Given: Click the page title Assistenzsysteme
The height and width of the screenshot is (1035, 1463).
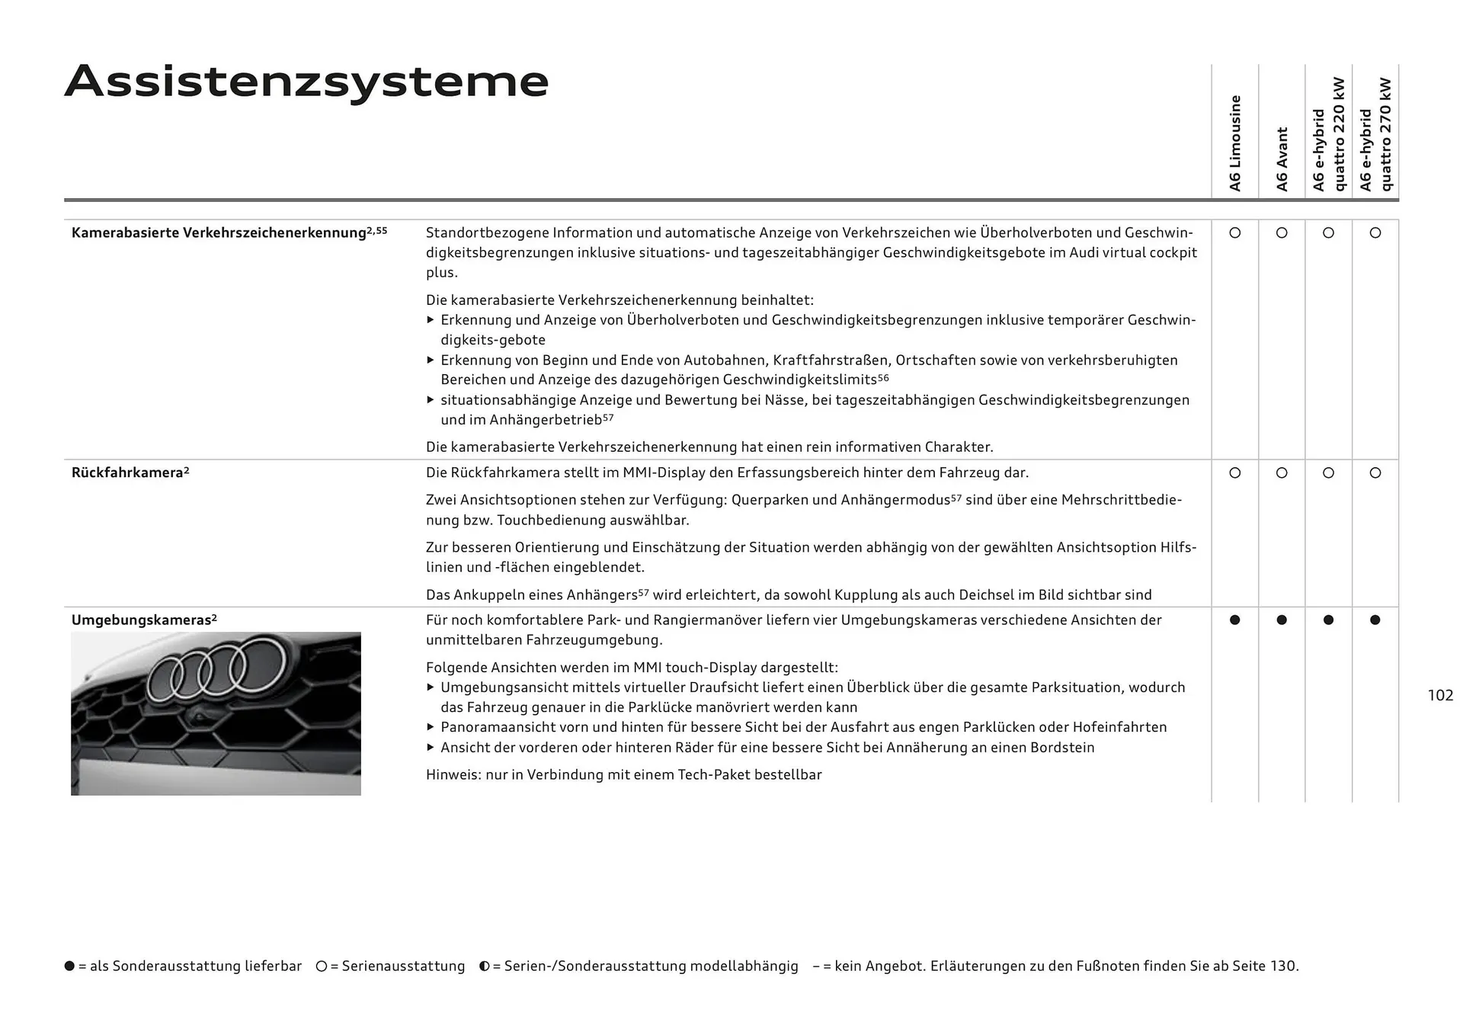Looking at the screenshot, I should point(306,82).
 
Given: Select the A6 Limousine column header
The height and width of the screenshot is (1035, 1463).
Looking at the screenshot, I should point(1235,143).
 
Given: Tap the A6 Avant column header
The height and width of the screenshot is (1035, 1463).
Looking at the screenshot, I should point(1282,159).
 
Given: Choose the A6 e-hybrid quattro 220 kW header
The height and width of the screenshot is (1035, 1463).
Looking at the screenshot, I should point(1328,135).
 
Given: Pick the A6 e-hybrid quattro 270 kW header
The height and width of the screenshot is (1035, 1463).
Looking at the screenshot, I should point(1375,135).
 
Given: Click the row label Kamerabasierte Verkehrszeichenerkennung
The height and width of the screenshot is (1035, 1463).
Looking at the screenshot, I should point(219,232).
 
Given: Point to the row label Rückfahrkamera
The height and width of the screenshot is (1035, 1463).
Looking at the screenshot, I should point(127,473).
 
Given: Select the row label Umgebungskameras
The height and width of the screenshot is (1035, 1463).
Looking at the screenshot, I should point(141,620).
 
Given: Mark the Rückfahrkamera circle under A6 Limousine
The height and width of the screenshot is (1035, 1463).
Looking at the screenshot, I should point(1235,473).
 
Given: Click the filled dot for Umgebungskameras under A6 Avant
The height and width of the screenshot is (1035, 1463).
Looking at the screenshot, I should point(1282,620).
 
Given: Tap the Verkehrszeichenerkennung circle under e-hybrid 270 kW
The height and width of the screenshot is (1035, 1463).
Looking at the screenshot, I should point(1375,233).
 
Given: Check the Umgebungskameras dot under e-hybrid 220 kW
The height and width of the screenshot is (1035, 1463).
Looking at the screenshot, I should point(1328,620).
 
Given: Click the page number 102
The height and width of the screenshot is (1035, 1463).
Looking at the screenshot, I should point(1440,695).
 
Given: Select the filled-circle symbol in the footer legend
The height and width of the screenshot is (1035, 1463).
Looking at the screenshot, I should point(70,966).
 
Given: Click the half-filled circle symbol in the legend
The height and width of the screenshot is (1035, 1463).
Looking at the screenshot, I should point(484,966).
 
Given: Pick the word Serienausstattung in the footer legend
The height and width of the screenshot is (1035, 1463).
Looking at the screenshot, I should point(403,966).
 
